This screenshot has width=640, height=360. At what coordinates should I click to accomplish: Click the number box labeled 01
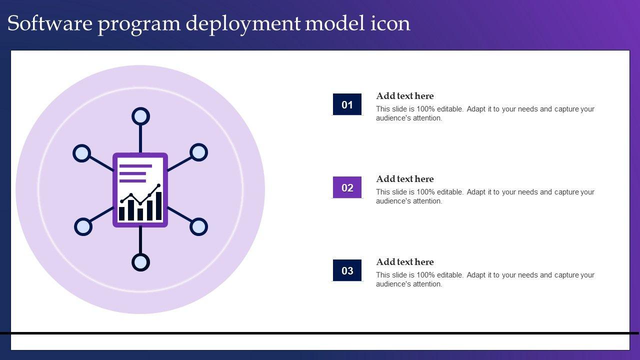pos(347,104)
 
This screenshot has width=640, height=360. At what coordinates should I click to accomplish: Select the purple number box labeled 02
pos(347,187)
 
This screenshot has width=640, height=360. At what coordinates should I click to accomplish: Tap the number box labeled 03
pos(347,270)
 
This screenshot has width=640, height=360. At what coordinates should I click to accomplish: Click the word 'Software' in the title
pos(49,23)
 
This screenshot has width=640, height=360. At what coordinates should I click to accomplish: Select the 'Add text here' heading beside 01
pos(404,96)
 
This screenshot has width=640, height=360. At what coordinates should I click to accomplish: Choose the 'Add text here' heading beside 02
pos(404,179)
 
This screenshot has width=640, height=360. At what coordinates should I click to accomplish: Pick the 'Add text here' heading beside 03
pos(404,262)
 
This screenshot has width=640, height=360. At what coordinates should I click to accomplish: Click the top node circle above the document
pos(140,116)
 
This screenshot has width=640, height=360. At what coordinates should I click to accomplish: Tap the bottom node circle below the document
pos(140,262)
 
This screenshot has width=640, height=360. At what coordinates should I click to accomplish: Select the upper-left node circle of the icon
pos(81,153)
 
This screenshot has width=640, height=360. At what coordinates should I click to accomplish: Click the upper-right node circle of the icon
pos(199,152)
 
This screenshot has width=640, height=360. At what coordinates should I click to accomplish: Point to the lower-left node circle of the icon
pos(83,226)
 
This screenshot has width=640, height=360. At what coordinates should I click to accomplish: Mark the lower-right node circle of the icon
pos(198,226)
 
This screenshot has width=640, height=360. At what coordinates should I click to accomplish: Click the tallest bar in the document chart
pos(158,205)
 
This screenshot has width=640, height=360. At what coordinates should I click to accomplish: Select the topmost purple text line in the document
pos(135,166)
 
